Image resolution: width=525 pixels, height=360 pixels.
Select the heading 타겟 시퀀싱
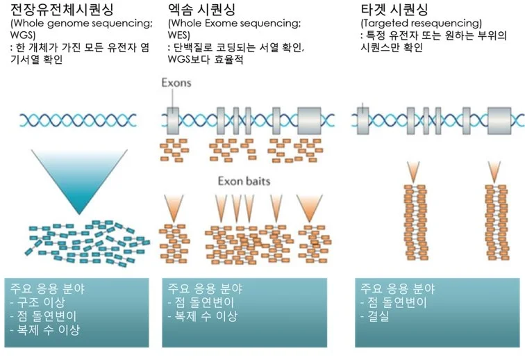click(x=392, y=10)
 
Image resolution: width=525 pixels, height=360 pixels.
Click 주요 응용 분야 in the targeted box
click(x=395, y=288)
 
